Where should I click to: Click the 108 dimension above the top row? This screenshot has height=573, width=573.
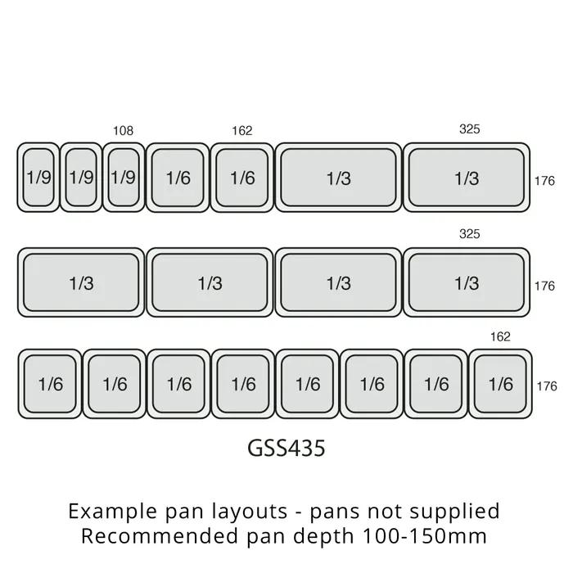[x=123, y=130]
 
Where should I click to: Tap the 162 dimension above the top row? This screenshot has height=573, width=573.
[x=242, y=130]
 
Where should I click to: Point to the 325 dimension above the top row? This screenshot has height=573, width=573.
[x=469, y=129]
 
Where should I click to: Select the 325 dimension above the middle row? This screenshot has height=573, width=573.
[x=469, y=234]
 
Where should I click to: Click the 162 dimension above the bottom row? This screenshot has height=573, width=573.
[x=500, y=336]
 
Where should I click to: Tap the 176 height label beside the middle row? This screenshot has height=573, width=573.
[x=544, y=286]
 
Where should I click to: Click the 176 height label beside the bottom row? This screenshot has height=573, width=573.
[x=544, y=386]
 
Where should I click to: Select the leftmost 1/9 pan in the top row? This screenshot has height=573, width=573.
[x=38, y=178]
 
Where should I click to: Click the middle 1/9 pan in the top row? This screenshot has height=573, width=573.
[x=81, y=178]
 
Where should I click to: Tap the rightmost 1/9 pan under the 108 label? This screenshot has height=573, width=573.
[x=124, y=178]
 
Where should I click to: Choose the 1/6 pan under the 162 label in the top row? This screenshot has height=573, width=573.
[x=242, y=178]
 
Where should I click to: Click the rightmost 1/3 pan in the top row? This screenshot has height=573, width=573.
[x=467, y=178]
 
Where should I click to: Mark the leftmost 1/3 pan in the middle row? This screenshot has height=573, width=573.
[x=81, y=282]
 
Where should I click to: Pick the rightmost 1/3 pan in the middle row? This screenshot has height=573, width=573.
[x=467, y=282]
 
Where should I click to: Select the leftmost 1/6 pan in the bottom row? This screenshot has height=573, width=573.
[x=50, y=384]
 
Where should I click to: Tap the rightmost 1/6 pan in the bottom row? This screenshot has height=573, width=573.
[x=500, y=384]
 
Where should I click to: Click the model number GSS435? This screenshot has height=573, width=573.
[x=286, y=449]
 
